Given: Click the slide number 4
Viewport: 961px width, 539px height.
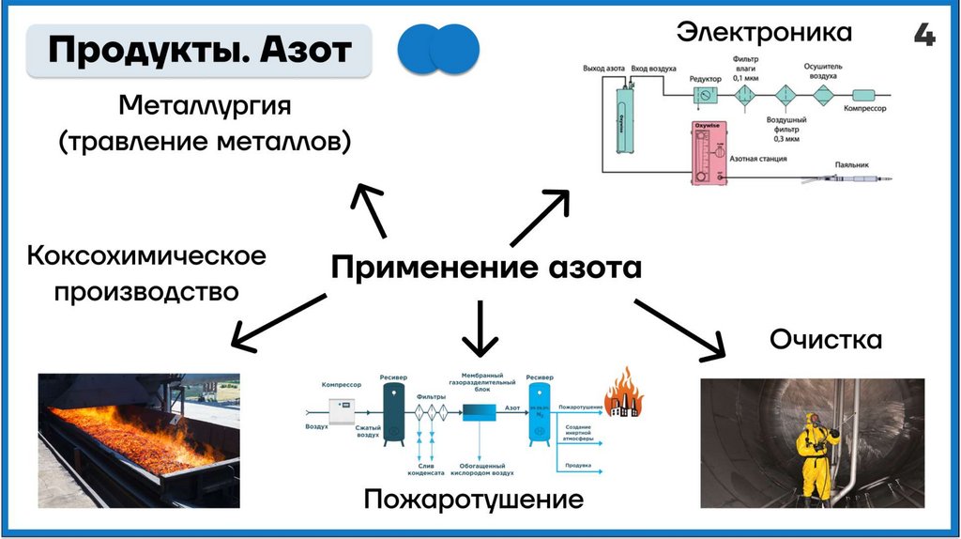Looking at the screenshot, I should [x=923, y=36].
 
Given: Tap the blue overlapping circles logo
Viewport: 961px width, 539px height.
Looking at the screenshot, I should [x=438, y=50].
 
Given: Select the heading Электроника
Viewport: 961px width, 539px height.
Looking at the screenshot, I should [x=764, y=33].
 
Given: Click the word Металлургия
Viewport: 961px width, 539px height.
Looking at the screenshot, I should [x=205, y=104].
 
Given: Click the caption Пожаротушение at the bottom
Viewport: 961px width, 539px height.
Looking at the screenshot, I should [x=474, y=499].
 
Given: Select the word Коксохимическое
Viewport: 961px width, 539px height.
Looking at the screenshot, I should [x=146, y=255].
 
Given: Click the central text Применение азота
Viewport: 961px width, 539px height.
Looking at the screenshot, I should [x=486, y=269].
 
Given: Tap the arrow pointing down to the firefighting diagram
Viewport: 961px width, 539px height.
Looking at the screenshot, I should [x=480, y=329].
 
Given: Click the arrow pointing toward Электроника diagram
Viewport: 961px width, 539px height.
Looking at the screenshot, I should [x=539, y=219].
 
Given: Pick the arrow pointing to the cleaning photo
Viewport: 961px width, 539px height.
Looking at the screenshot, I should [x=680, y=329].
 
